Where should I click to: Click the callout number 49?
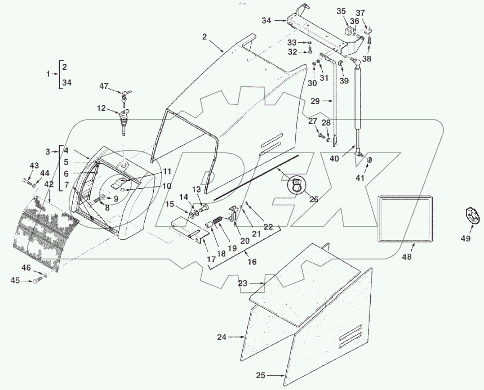[466, 239]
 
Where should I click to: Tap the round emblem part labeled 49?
[469, 215]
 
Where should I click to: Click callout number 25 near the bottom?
[261, 375]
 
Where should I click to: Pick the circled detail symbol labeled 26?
[297, 186]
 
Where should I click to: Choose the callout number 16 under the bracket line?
[252, 262]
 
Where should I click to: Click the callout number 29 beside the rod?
[315, 101]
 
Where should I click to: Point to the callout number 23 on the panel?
[242, 284]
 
